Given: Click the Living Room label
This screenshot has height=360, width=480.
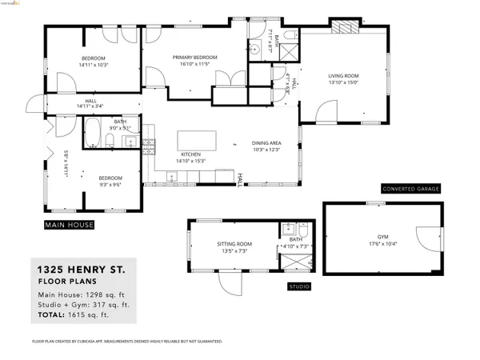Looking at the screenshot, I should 342,76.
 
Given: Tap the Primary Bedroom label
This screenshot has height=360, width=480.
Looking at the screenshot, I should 195,58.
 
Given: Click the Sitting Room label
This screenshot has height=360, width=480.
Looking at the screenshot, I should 234,243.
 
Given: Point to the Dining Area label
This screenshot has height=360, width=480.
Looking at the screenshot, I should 265,142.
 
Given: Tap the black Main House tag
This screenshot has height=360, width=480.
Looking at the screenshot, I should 69,225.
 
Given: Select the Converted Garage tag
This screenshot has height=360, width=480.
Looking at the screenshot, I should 410,189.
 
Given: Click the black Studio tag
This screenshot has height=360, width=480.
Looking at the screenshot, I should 299,286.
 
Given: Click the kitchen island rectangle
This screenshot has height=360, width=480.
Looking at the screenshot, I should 197,140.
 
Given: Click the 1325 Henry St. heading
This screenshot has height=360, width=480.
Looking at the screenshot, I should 80,270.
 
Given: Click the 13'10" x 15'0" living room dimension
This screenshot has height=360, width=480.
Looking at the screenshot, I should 342,82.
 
